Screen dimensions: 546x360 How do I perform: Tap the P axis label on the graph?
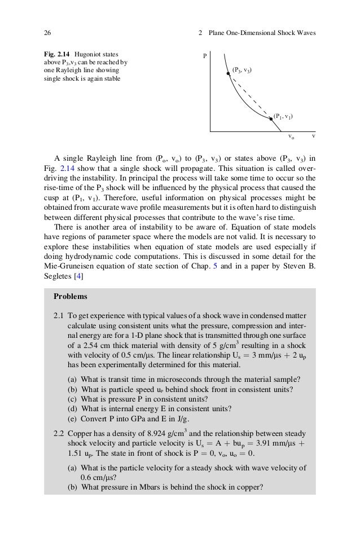(205, 56)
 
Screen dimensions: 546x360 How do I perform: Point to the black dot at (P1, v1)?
(271, 119)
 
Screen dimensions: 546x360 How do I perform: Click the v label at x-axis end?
(313, 136)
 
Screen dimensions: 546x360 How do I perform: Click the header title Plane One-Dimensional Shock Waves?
(262, 32)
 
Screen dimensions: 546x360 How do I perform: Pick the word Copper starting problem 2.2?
(78, 435)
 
